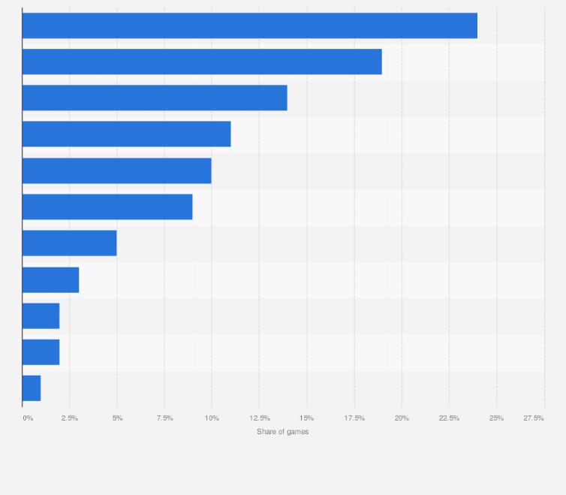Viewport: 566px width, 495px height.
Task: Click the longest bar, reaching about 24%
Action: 249,26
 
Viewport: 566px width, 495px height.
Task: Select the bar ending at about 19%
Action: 202,62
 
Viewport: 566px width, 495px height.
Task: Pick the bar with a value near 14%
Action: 155,98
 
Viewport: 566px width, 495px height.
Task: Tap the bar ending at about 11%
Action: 126,134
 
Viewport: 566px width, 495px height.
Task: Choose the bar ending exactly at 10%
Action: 116,171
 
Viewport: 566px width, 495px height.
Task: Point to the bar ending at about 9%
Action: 107,207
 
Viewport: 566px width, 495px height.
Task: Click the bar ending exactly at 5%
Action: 69,243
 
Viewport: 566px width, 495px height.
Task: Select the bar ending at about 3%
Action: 50,279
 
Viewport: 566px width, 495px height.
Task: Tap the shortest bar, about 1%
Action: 32,388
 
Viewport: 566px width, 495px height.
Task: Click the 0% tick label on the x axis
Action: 28,418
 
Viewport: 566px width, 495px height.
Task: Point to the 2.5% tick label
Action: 70,418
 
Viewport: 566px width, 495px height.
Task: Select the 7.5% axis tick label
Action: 164,418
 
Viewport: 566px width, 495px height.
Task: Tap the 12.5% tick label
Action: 259,418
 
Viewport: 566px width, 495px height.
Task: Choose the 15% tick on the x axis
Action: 306,418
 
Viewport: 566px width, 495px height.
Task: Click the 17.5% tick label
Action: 354,418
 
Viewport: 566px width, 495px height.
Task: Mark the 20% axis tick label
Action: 402,418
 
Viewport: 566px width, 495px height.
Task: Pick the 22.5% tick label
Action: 449,418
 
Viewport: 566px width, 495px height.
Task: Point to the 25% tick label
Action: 496,418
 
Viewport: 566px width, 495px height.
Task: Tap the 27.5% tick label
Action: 534,418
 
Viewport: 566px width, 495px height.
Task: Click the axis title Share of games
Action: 282,431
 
